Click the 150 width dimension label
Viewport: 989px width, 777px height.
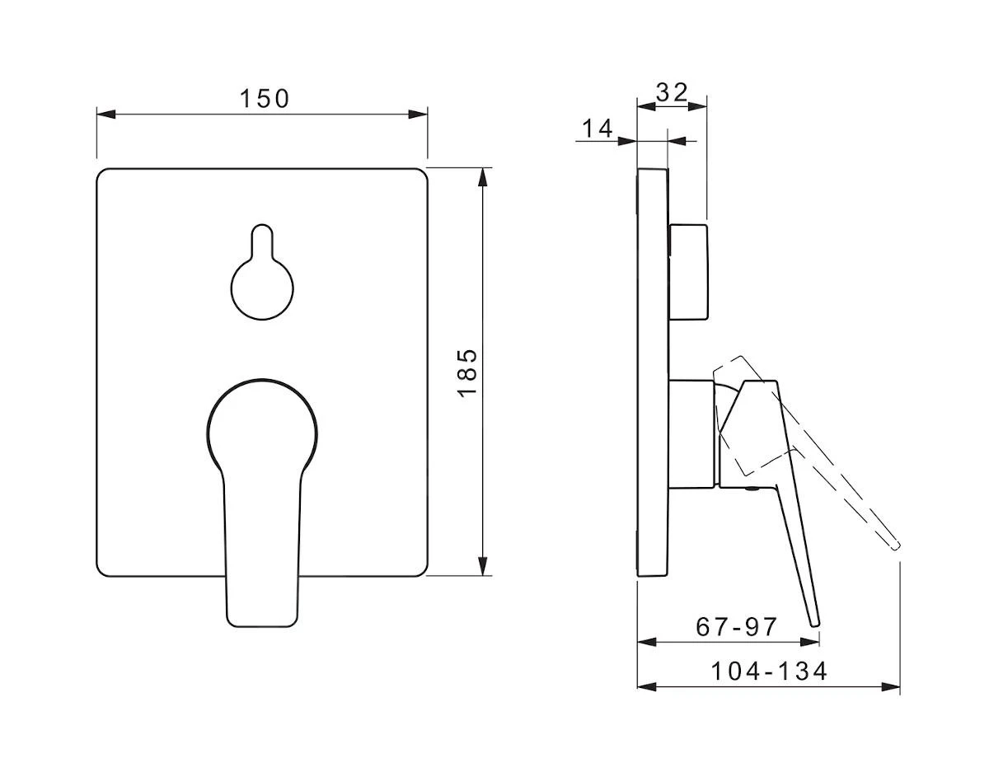pos(265,99)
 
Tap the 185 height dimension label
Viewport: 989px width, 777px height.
pos(468,373)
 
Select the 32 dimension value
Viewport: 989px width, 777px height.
pos(672,92)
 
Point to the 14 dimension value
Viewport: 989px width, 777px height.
pos(598,129)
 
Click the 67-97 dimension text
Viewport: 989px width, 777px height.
pos(736,627)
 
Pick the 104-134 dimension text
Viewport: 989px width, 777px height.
pos(769,672)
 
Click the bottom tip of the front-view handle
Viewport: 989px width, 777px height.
pos(262,626)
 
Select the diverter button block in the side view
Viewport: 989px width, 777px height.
pos(688,272)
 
